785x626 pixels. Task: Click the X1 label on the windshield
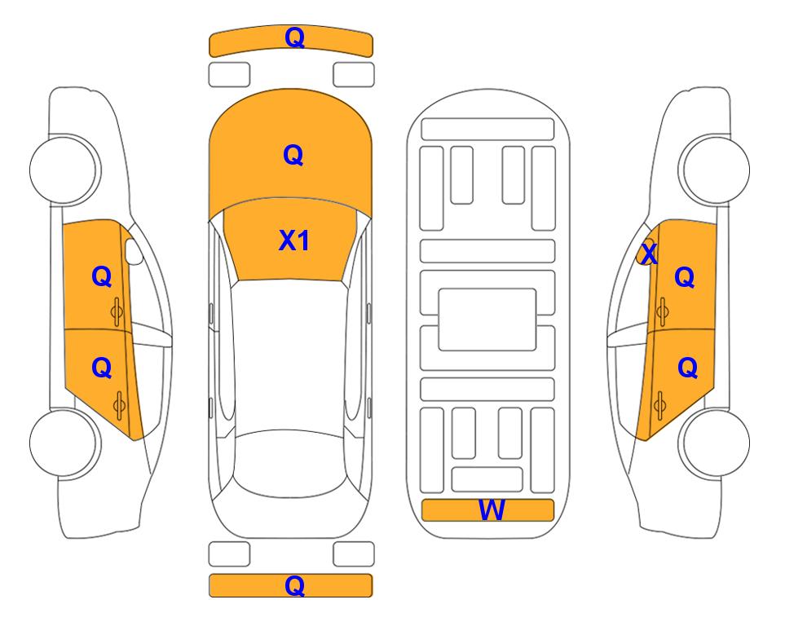[294, 240]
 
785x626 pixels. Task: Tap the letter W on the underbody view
[491, 510]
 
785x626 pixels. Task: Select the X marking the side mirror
[649, 253]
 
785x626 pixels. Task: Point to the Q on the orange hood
[293, 155]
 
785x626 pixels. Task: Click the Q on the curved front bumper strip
[294, 37]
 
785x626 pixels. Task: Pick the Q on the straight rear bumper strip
[294, 585]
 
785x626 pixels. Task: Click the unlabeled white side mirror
[134, 251]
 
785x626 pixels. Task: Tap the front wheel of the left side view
[64, 170]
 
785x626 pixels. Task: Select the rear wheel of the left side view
[64, 443]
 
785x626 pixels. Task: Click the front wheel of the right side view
[715, 170]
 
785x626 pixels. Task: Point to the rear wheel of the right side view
[715, 443]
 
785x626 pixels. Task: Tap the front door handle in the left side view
[117, 312]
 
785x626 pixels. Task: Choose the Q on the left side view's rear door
[102, 368]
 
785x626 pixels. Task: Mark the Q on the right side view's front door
[685, 277]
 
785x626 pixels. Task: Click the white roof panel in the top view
[290, 355]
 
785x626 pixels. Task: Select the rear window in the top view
[290, 463]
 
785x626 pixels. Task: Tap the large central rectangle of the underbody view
[487, 320]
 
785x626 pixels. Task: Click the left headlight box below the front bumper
[229, 75]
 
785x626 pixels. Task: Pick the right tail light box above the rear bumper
[354, 554]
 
